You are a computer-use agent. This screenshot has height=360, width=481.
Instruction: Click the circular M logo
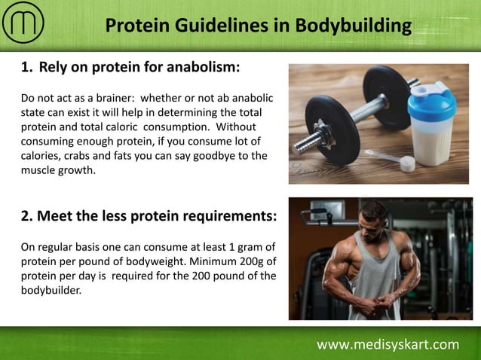23,24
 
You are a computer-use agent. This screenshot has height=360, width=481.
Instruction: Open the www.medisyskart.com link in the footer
388,345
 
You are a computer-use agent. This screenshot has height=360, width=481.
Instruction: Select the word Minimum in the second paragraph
213,261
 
